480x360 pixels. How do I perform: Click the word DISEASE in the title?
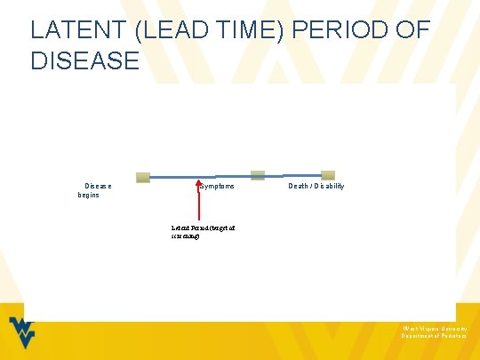[85, 60]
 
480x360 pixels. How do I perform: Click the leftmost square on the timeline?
[143, 177]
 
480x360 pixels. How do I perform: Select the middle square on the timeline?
[258, 175]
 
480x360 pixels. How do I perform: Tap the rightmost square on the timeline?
[328, 175]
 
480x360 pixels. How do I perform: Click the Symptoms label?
[217, 186]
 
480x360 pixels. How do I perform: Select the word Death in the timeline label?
[299, 186]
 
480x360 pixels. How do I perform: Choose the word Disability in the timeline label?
[328, 186]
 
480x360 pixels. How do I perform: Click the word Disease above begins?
[98, 186]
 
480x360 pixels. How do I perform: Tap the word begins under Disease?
[89, 195]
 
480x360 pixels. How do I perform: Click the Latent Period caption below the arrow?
[203, 232]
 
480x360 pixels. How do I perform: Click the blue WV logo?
[23, 335]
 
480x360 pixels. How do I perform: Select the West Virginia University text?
[428, 328]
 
